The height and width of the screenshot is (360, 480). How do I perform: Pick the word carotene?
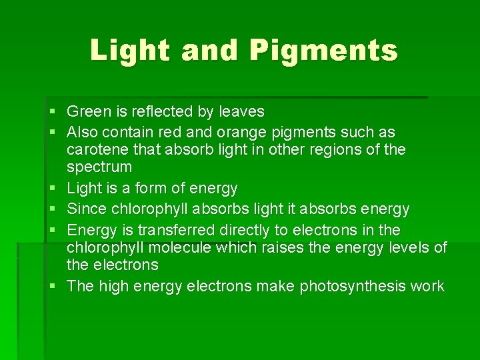(96, 149)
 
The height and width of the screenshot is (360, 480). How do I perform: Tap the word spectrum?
(99, 167)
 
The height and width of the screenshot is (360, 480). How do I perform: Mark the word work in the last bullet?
(427, 287)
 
